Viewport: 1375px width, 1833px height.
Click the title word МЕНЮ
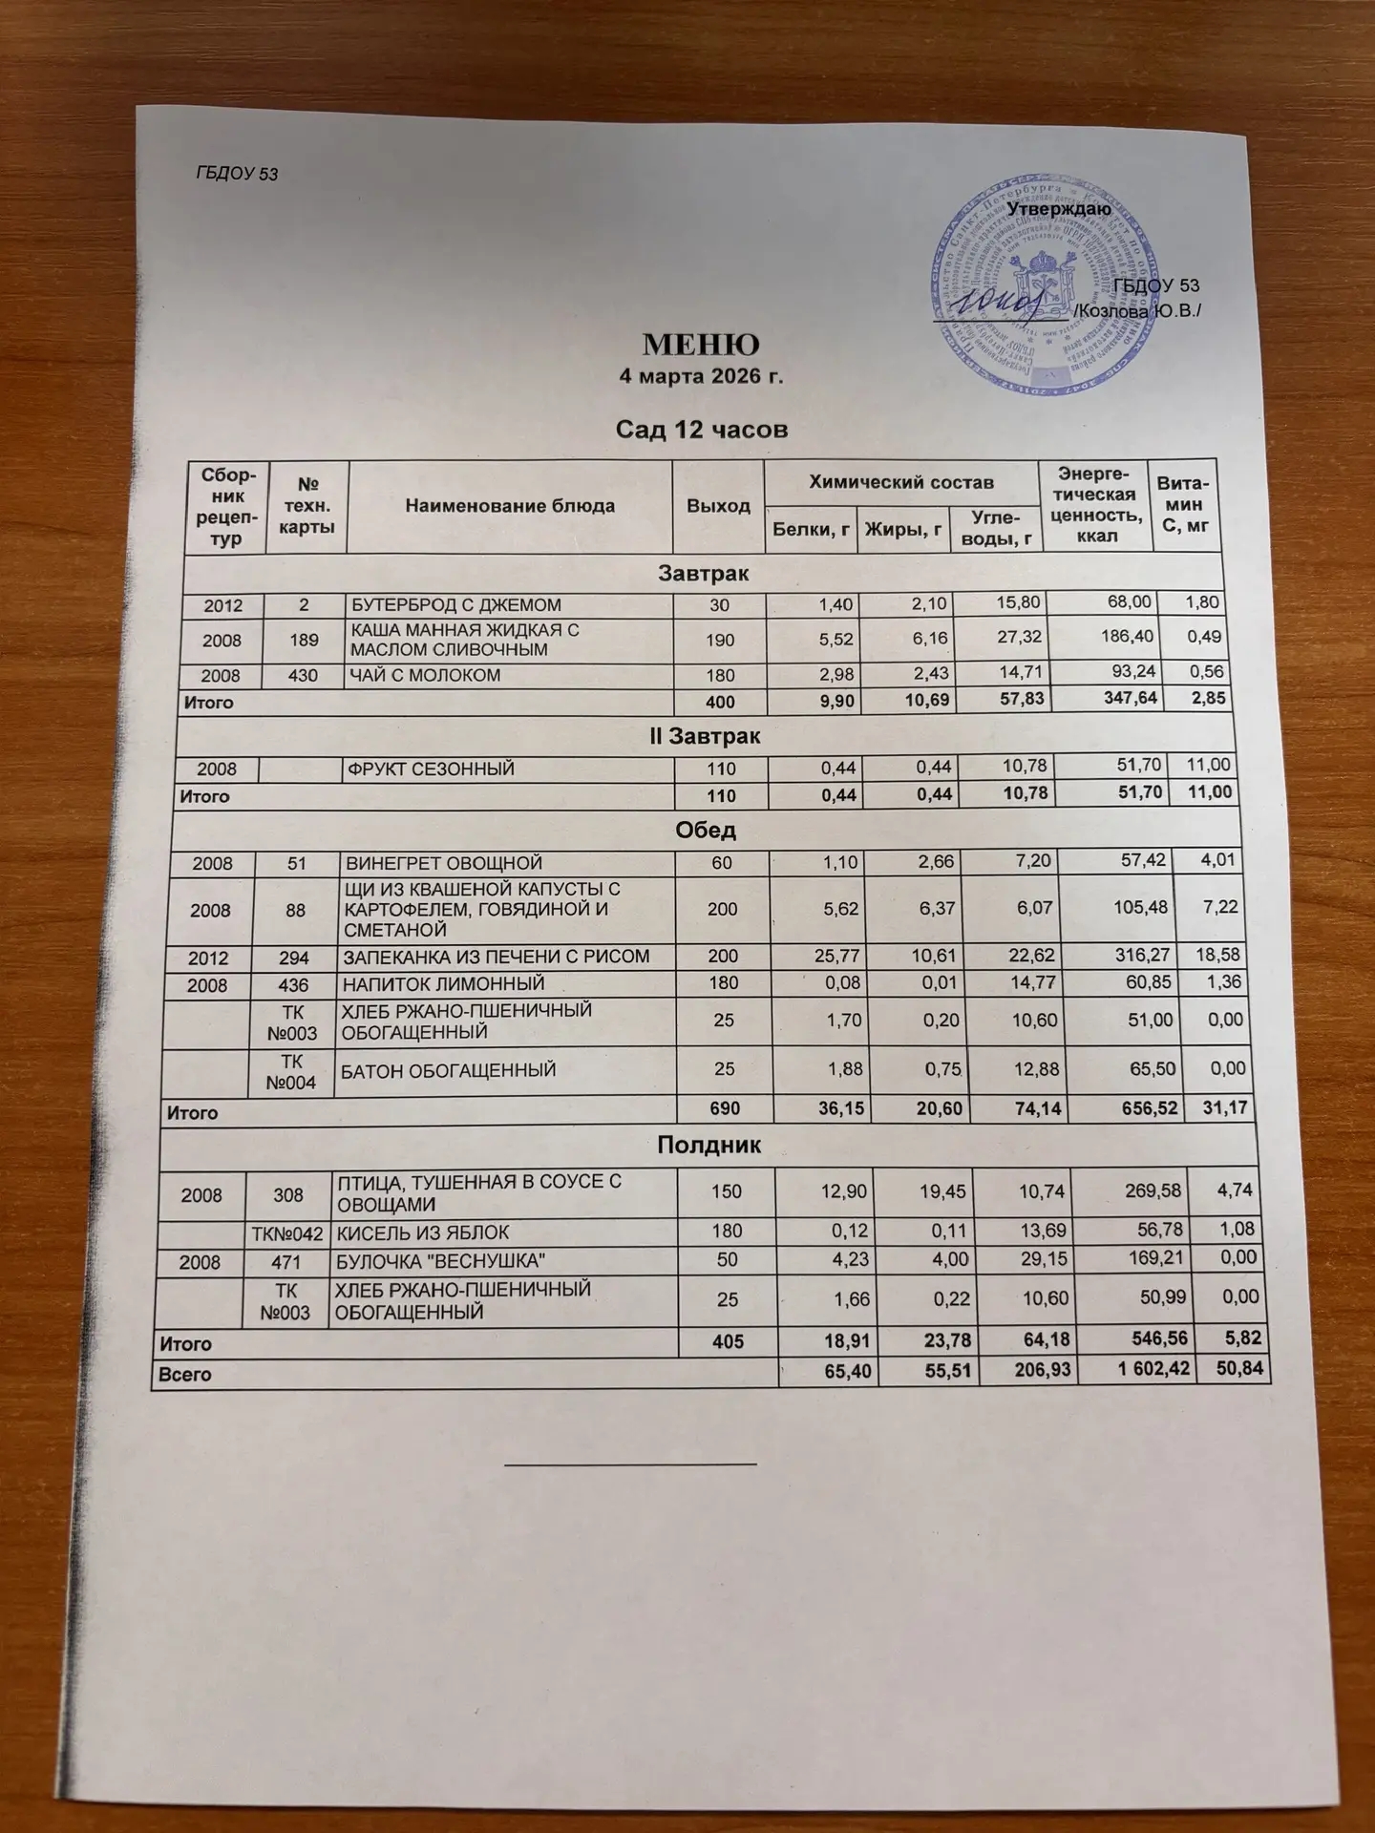tap(701, 343)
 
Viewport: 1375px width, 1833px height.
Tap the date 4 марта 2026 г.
tap(701, 376)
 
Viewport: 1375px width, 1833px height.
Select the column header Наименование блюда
tap(510, 506)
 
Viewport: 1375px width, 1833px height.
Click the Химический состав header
tap(901, 483)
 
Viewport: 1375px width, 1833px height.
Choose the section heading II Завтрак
tap(704, 737)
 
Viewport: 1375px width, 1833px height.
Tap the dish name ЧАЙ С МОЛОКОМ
tap(426, 675)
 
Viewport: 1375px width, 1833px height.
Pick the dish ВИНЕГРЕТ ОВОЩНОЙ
tap(444, 863)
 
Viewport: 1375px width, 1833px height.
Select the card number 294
tap(296, 957)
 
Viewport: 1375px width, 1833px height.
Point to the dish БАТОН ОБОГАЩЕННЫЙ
tap(449, 1070)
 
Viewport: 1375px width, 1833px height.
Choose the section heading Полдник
tap(709, 1146)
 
